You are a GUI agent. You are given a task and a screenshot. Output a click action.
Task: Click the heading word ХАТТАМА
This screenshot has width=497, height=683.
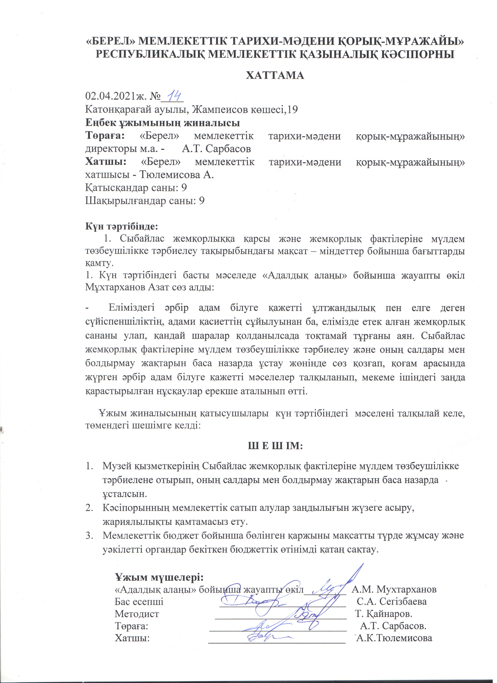[x=275, y=75]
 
